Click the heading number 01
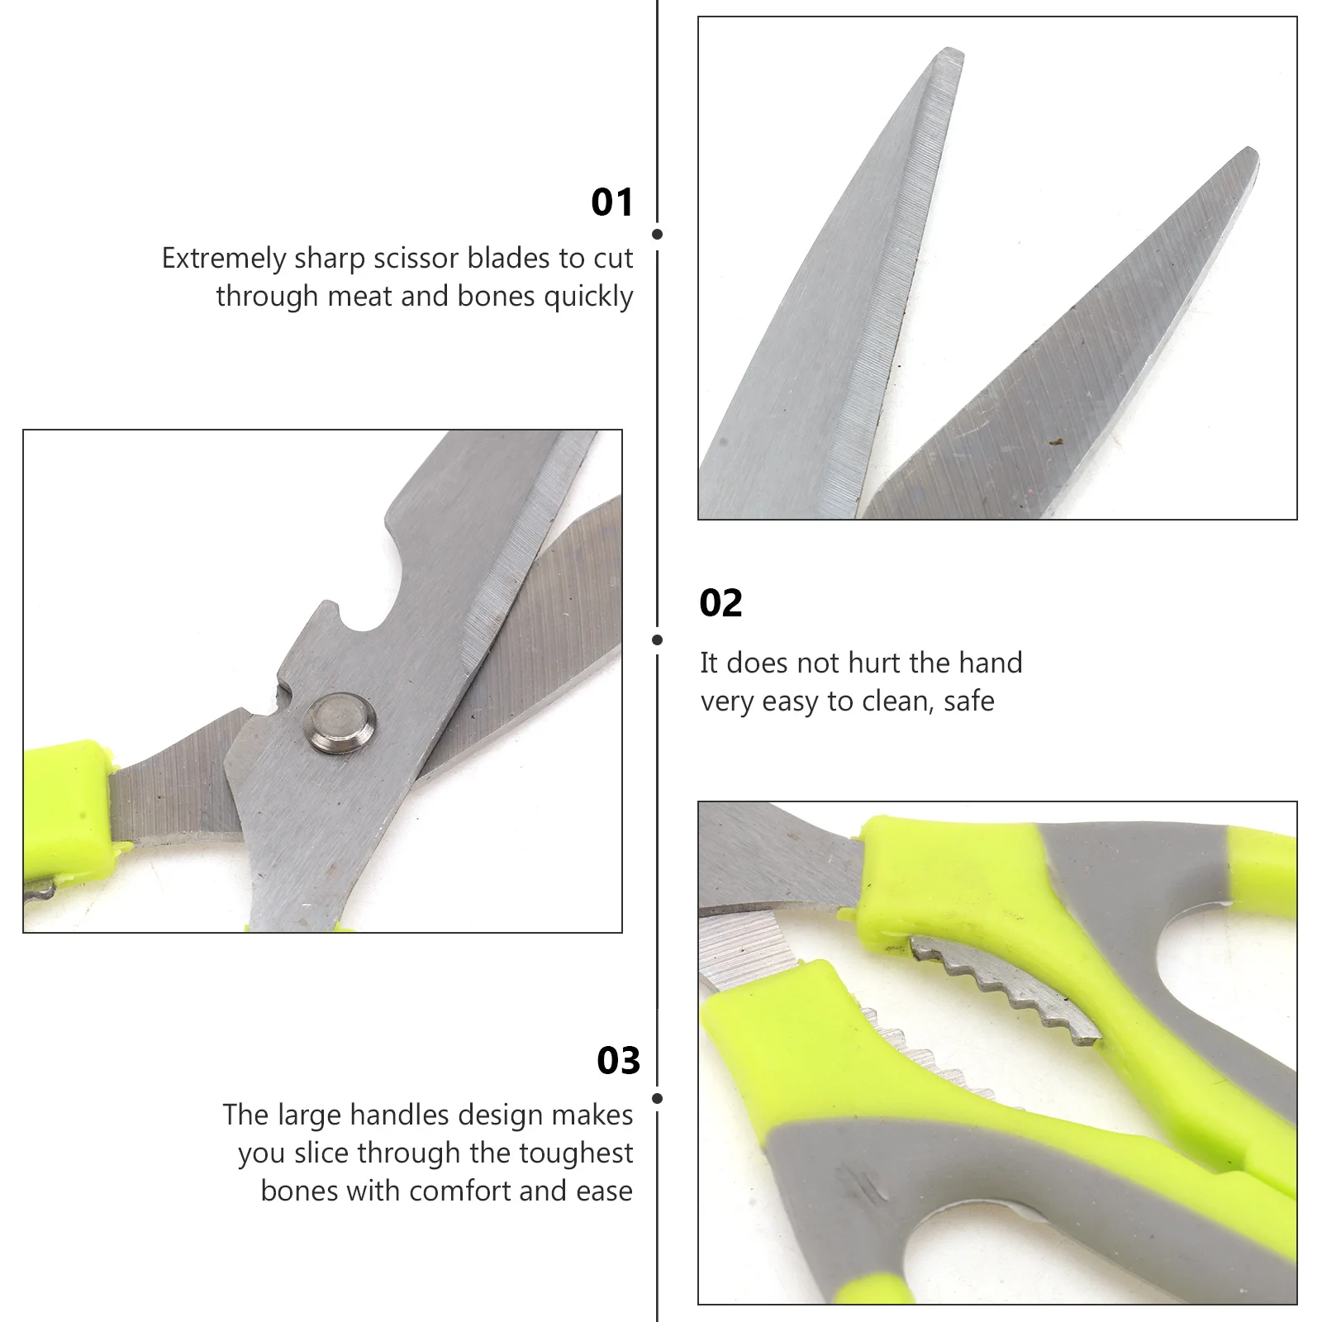(612, 202)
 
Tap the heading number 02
(720, 603)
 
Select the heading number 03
(618, 1061)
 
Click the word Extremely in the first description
(224, 259)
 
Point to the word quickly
(588, 297)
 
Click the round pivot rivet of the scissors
(340, 724)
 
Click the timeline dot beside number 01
(658, 235)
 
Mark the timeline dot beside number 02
(658, 640)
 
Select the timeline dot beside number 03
(658, 1099)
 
